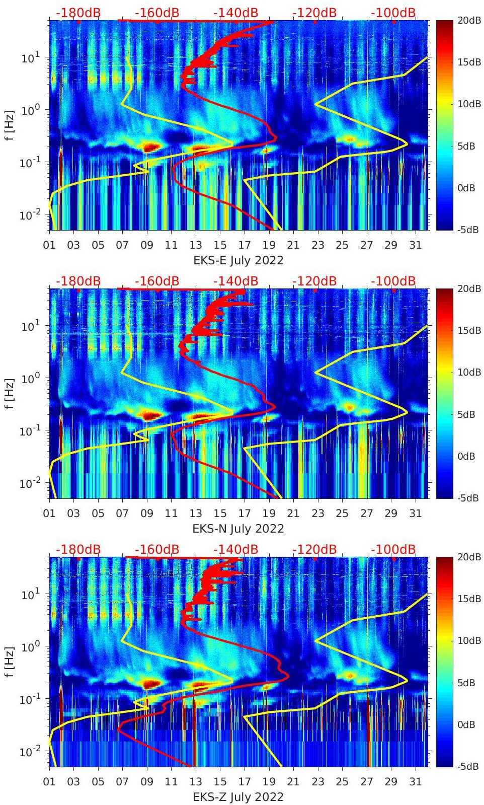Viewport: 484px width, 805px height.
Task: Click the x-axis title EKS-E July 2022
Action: coord(238,260)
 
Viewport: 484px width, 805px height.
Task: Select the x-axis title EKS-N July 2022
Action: coord(238,529)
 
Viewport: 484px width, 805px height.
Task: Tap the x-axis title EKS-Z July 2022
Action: coord(238,797)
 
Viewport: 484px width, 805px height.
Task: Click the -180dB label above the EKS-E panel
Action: coord(78,13)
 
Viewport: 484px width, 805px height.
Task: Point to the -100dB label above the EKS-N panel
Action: coord(393,281)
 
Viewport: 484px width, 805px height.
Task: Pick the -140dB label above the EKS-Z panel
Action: coord(236,549)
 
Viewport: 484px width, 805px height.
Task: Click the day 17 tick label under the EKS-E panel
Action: coord(245,245)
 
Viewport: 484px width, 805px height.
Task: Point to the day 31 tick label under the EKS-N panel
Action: coord(415,514)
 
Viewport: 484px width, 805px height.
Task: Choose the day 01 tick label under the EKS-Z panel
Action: coord(49,782)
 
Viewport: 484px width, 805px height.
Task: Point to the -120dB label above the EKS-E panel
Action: coord(314,13)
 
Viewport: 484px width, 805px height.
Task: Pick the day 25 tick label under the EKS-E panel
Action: coord(342,245)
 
